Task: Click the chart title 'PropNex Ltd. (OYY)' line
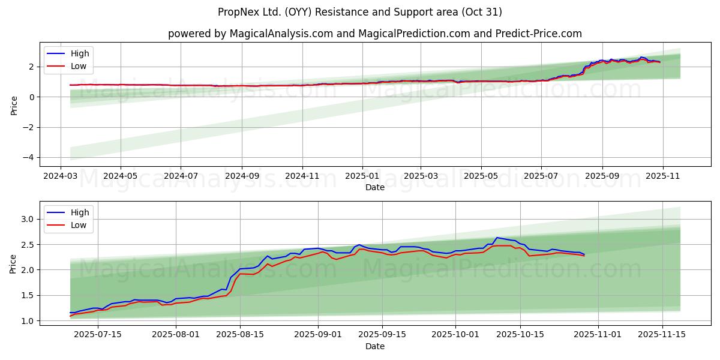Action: tap(360, 12)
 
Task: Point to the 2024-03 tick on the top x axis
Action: tap(60, 176)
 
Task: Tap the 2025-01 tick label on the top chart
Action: tap(362, 176)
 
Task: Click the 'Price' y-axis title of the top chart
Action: tap(14, 104)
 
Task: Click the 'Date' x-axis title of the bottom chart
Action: tap(374, 346)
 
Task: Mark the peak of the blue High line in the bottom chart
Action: tap(496, 238)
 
